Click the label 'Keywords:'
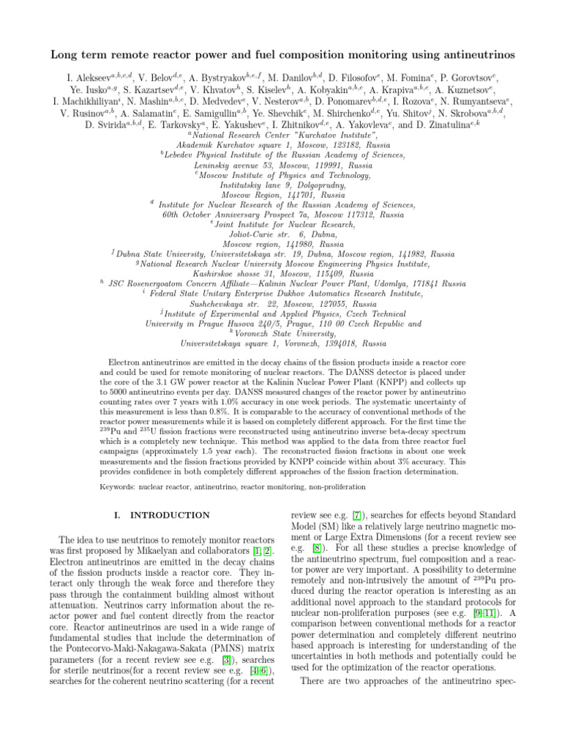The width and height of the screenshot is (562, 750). point(120,486)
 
